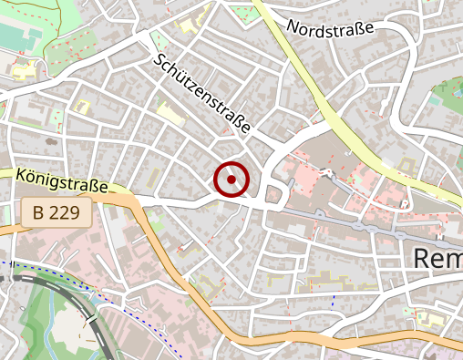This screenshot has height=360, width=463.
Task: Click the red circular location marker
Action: (231, 180)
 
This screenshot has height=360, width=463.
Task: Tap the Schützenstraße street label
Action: (203, 95)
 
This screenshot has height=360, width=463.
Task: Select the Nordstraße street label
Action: (331, 29)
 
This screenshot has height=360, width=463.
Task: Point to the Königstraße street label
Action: (62, 180)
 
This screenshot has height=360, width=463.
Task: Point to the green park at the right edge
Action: (449, 96)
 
